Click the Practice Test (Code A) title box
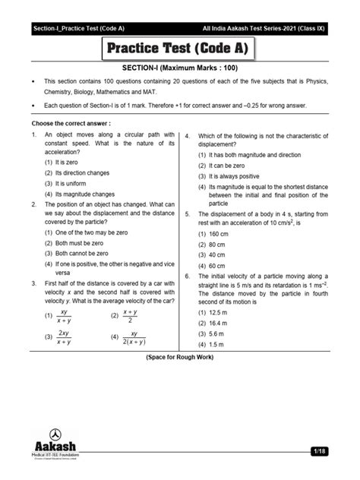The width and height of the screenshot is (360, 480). tap(180, 51)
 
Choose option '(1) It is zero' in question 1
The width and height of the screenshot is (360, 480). tap(65, 163)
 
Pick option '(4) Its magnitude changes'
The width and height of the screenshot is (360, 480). tap(79, 194)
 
